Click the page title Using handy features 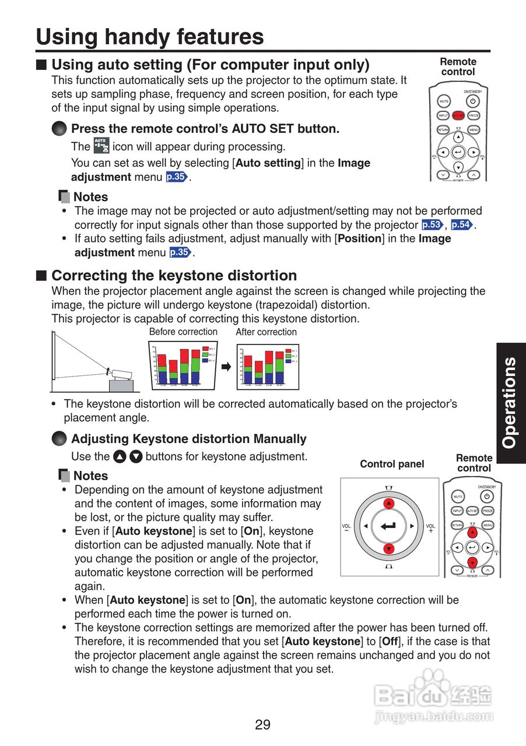pos(150,37)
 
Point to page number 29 pos(262,724)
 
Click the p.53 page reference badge pos(431,225)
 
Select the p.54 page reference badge pos(461,225)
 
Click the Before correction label pos(183,332)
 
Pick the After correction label pos(266,332)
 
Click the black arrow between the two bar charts pos(227,367)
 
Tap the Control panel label pos(392,464)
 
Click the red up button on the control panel pos(388,504)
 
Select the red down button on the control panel pos(388,548)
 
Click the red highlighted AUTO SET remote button pos(458,115)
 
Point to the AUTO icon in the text pos(101,146)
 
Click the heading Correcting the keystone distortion pos(174,276)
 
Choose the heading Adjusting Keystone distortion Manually pos(188,439)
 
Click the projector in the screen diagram pos(120,373)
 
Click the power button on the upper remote pos(473,101)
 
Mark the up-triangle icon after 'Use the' pos(121,457)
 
